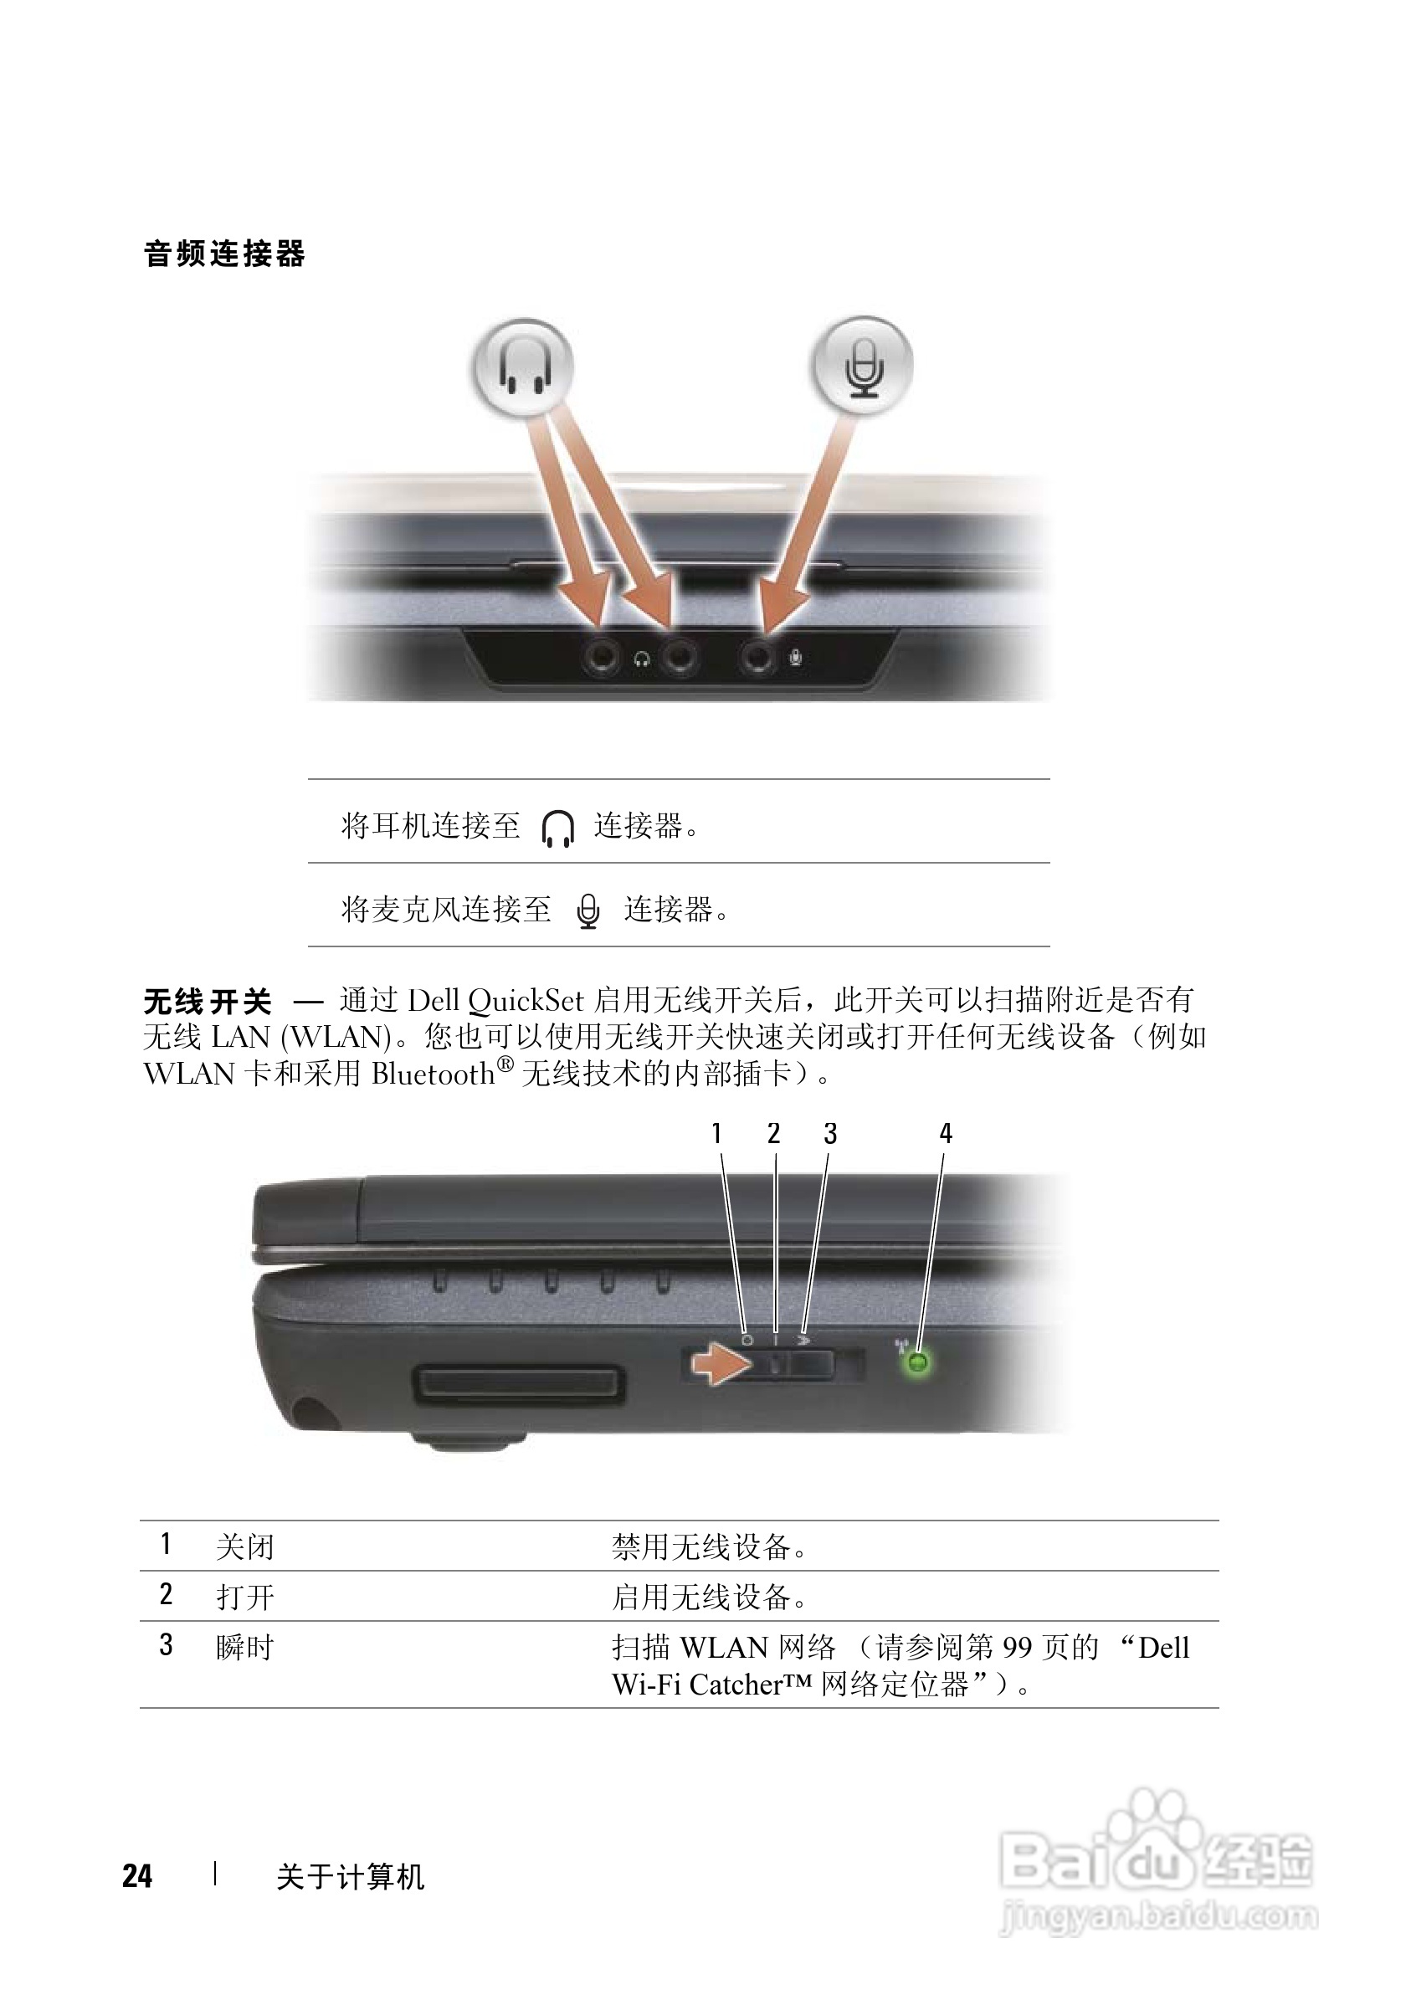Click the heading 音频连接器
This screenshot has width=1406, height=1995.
pos(224,254)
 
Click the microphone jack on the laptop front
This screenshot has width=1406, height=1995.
pos(757,657)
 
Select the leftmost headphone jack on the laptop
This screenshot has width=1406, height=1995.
pos(603,657)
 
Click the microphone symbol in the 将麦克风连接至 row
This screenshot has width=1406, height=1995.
pos(588,910)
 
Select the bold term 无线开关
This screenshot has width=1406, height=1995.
pos(208,1002)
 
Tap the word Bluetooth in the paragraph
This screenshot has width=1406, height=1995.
pos(433,1074)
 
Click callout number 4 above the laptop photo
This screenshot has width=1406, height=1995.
pos(946,1133)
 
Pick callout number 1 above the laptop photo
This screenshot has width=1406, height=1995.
pos(716,1133)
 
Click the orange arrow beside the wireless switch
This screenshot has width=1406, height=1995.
pos(721,1364)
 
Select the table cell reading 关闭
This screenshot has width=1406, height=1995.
pos(245,1546)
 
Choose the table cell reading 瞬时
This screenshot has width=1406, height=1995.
pos(245,1647)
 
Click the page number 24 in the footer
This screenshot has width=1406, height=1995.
pos(137,1876)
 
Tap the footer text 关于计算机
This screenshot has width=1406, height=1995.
pos(350,1877)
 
